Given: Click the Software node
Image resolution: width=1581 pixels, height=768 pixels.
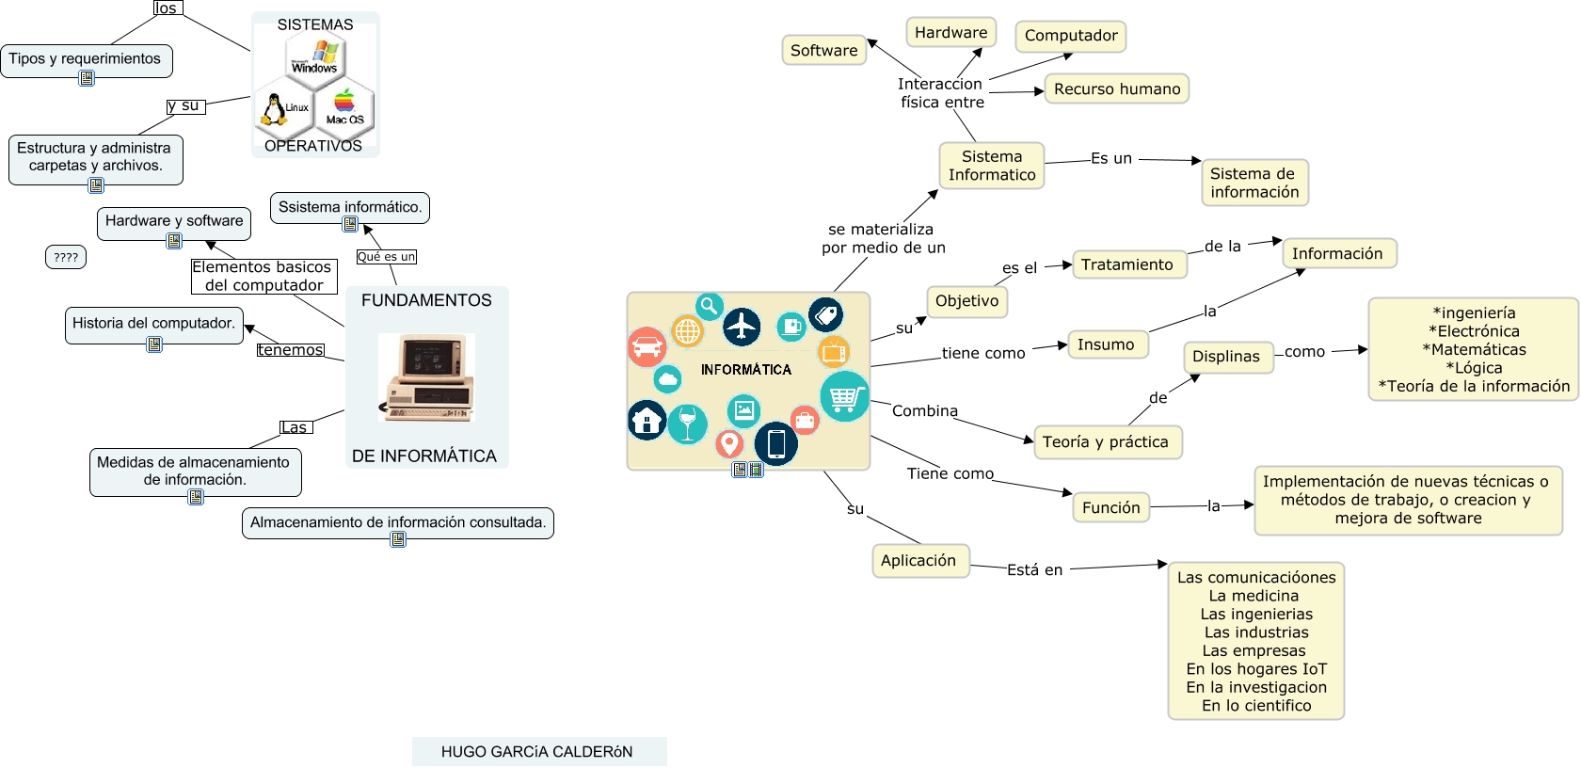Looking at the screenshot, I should click(823, 51).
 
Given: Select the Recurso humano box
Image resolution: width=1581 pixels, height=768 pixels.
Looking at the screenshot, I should click(1116, 89).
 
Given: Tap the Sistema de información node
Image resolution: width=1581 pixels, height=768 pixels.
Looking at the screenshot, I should click(1254, 183).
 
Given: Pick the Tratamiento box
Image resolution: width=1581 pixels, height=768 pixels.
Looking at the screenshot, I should click(1126, 264).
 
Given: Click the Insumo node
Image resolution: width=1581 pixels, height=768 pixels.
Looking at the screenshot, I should click(1106, 344).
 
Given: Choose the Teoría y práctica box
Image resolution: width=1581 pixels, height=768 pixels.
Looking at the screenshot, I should click(1106, 441).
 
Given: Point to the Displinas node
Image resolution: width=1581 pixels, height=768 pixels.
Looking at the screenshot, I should click(1225, 357).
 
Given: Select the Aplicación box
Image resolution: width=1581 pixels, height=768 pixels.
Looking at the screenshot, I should click(918, 560).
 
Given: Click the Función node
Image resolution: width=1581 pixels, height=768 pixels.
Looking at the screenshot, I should click(1110, 507).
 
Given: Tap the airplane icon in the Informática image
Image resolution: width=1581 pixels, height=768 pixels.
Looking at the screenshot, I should click(742, 327).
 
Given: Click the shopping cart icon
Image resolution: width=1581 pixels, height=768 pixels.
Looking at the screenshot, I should click(843, 397).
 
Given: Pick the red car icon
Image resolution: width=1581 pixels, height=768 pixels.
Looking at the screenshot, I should click(647, 347).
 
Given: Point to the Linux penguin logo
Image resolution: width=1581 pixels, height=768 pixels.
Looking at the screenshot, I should click(274, 110).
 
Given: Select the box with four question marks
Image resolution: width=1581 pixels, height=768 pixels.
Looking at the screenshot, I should click(66, 257).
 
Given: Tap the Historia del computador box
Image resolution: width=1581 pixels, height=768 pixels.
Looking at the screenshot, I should click(153, 324).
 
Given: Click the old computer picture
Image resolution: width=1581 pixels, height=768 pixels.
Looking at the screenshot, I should click(426, 377).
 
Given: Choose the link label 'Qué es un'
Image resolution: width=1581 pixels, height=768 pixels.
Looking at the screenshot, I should click(386, 257).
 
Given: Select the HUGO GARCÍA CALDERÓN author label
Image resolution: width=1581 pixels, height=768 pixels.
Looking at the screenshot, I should click(537, 751).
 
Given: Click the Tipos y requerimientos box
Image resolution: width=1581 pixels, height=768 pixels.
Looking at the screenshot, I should click(85, 59).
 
